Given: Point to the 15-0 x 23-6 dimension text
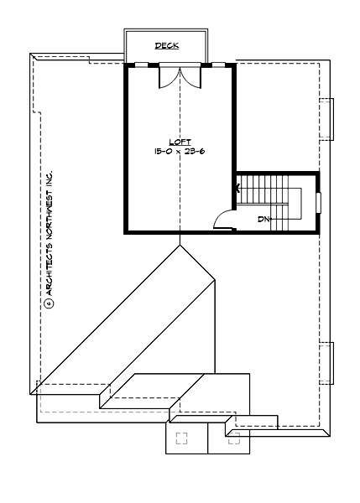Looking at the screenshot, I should click(x=180, y=151).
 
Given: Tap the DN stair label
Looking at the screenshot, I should click(x=264, y=220).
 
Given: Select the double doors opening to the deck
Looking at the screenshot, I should click(x=180, y=76).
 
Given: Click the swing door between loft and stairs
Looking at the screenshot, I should click(x=223, y=220).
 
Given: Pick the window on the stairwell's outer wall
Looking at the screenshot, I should click(x=318, y=203).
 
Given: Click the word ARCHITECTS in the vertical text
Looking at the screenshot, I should click(x=49, y=267).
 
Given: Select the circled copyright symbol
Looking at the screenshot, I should click(x=49, y=303).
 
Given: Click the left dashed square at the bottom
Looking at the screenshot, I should click(x=181, y=438).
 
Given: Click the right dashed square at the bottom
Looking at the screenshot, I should click(x=233, y=438).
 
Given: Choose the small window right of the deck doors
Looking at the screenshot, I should click(x=218, y=64).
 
